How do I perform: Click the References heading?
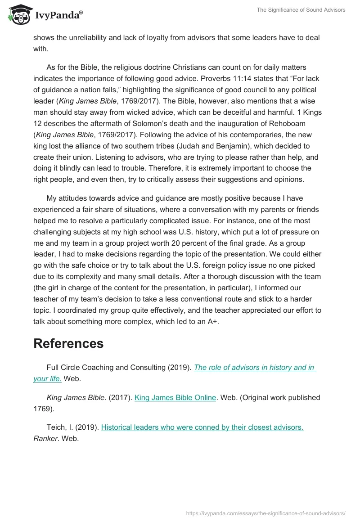tap(68, 343)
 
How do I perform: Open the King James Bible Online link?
tap(175, 398)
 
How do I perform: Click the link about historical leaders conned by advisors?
tap(202, 427)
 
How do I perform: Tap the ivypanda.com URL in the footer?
tap(265, 513)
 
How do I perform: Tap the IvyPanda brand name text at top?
tap(58, 16)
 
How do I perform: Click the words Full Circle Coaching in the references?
tap(81, 368)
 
